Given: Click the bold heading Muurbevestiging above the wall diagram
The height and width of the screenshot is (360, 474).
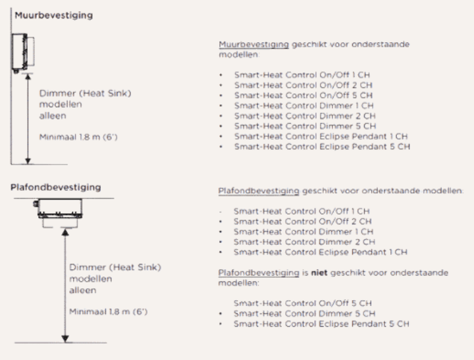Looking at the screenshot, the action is pyautogui.click(x=54, y=15).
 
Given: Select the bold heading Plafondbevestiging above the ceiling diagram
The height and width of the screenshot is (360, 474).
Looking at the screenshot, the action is pyautogui.click(x=56, y=188).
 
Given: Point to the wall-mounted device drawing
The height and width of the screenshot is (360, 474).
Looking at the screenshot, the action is pyautogui.click(x=22, y=53).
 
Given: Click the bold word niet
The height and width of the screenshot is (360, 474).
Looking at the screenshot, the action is pyautogui.click(x=319, y=272).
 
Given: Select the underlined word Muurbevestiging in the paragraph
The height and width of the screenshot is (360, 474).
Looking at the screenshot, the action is pyautogui.click(x=254, y=44).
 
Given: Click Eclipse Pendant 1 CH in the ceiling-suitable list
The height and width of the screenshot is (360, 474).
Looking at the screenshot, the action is pyautogui.click(x=363, y=252).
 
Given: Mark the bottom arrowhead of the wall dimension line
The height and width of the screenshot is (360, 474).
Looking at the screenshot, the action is pyautogui.click(x=28, y=161).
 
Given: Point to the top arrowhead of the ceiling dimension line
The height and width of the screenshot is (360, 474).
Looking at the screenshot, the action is pyautogui.click(x=65, y=232).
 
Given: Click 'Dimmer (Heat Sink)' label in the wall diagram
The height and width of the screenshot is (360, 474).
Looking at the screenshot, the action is pyautogui.click(x=85, y=93).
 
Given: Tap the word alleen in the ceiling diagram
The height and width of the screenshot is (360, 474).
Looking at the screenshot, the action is pyautogui.click(x=83, y=290).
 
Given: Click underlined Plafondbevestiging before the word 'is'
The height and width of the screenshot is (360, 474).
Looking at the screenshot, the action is pyautogui.click(x=259, y=272).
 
